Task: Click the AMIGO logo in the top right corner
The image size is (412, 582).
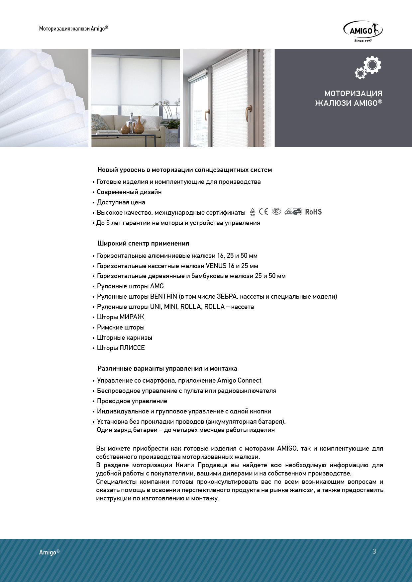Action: coord(363,31)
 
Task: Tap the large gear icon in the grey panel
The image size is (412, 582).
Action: coord(372,64)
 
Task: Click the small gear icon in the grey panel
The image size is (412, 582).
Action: coord(360,73)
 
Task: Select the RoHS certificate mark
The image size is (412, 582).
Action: coord(313,212)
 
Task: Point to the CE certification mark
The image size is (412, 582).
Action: coord(263,212)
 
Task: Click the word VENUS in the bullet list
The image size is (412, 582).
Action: coord(216,266)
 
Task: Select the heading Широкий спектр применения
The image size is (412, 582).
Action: coord(143,243)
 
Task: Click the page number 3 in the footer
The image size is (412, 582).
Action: coord(374,551)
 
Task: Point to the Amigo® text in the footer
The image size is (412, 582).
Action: coord(49,552)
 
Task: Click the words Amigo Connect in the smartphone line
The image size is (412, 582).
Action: coord(239,380)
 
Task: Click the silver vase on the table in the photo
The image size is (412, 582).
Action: coord(132,123)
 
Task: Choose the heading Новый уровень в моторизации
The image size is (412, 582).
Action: coord(184,170)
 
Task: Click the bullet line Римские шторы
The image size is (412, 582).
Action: coord(121,327)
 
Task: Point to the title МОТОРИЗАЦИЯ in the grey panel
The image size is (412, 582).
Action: coord(353,94)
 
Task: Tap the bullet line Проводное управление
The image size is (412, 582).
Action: coord(132,401)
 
